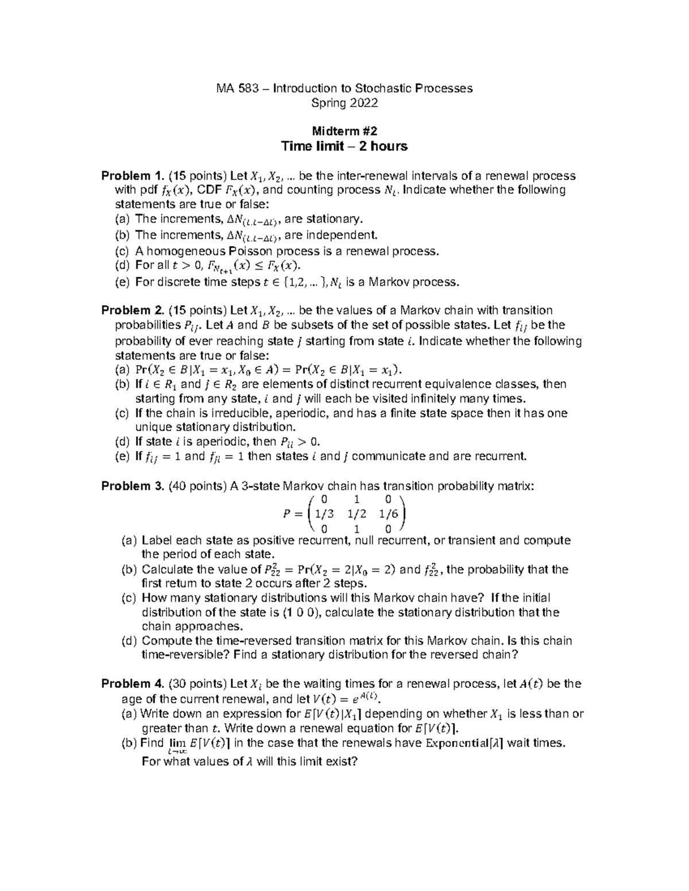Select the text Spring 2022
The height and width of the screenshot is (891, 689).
pos(344,103)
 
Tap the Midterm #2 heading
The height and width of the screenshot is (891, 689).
pos(344,131)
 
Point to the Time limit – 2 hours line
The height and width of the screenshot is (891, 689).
pos(344,146)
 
